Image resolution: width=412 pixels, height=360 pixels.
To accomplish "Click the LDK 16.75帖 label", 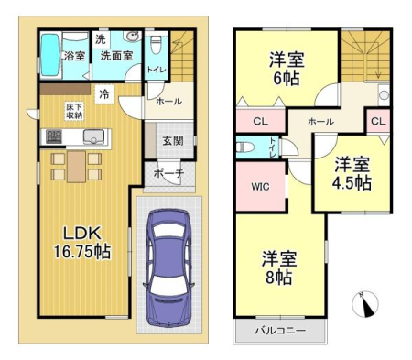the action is click(82, 243).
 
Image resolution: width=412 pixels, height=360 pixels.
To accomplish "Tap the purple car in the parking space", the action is click(168, 268).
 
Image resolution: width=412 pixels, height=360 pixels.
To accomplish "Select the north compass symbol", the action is click(364, 304).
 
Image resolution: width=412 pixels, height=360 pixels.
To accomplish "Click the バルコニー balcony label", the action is click(280, 331).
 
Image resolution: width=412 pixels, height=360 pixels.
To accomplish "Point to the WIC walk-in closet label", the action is click(261, 186).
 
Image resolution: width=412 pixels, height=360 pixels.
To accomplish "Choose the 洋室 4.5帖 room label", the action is click(352, 173).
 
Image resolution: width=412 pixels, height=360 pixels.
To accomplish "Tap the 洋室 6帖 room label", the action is click(287, 69).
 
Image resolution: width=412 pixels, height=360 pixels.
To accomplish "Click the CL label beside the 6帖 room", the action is click(260, 122).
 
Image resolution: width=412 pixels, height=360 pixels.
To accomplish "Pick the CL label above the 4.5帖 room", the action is click(378, 121).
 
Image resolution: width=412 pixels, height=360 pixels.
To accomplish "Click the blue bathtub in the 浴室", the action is click(50, 55).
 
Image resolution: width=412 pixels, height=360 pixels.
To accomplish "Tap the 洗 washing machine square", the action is click(101, 39).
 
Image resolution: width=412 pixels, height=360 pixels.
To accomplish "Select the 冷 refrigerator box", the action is click(104, 94).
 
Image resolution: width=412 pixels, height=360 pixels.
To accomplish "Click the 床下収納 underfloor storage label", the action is click(74, 111).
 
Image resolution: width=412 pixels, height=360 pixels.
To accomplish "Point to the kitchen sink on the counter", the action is click(93, 136).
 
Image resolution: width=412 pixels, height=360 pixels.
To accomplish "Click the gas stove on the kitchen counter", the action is click(54, 136).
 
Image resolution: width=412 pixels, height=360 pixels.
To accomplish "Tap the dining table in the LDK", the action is click(76, 167).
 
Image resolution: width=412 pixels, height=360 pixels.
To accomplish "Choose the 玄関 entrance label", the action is click(173, 141).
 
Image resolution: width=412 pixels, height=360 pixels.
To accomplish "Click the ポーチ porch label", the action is click(168, 174).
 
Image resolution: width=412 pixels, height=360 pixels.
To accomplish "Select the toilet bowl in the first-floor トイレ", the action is click(156, 45).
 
